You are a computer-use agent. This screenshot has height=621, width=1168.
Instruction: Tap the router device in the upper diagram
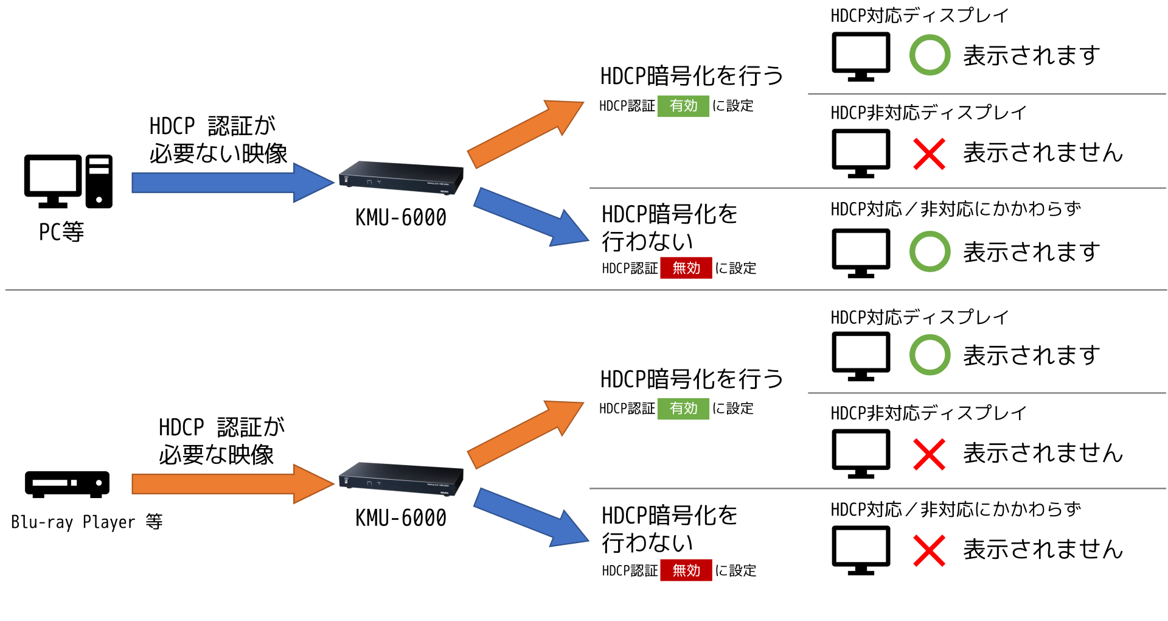coord(401,178)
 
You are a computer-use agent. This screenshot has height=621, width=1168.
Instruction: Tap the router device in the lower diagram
coord(401,479)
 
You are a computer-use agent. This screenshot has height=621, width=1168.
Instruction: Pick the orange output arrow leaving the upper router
coord(523,135)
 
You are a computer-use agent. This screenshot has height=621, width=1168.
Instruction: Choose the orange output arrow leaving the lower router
coord(523,435)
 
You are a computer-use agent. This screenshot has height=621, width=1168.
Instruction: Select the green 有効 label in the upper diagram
coord(683,106)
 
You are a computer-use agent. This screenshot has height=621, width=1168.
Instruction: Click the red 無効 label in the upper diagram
coord(686,268)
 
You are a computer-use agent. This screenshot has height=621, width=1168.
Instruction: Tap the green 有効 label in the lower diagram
coord(683,409)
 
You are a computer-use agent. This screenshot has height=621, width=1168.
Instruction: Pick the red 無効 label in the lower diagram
coord(686,570)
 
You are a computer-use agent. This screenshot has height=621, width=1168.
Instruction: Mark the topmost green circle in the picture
coord(930,55)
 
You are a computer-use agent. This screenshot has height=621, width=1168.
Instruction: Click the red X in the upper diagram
coord(930,154)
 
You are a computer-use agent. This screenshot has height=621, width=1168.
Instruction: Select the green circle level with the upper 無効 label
coord(930,251)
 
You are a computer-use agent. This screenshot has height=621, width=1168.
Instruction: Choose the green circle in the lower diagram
coord(930,354)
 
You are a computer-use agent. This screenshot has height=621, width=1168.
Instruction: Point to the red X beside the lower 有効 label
coord(930,454)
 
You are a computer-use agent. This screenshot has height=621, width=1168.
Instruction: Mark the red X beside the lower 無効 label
coord(930,550)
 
